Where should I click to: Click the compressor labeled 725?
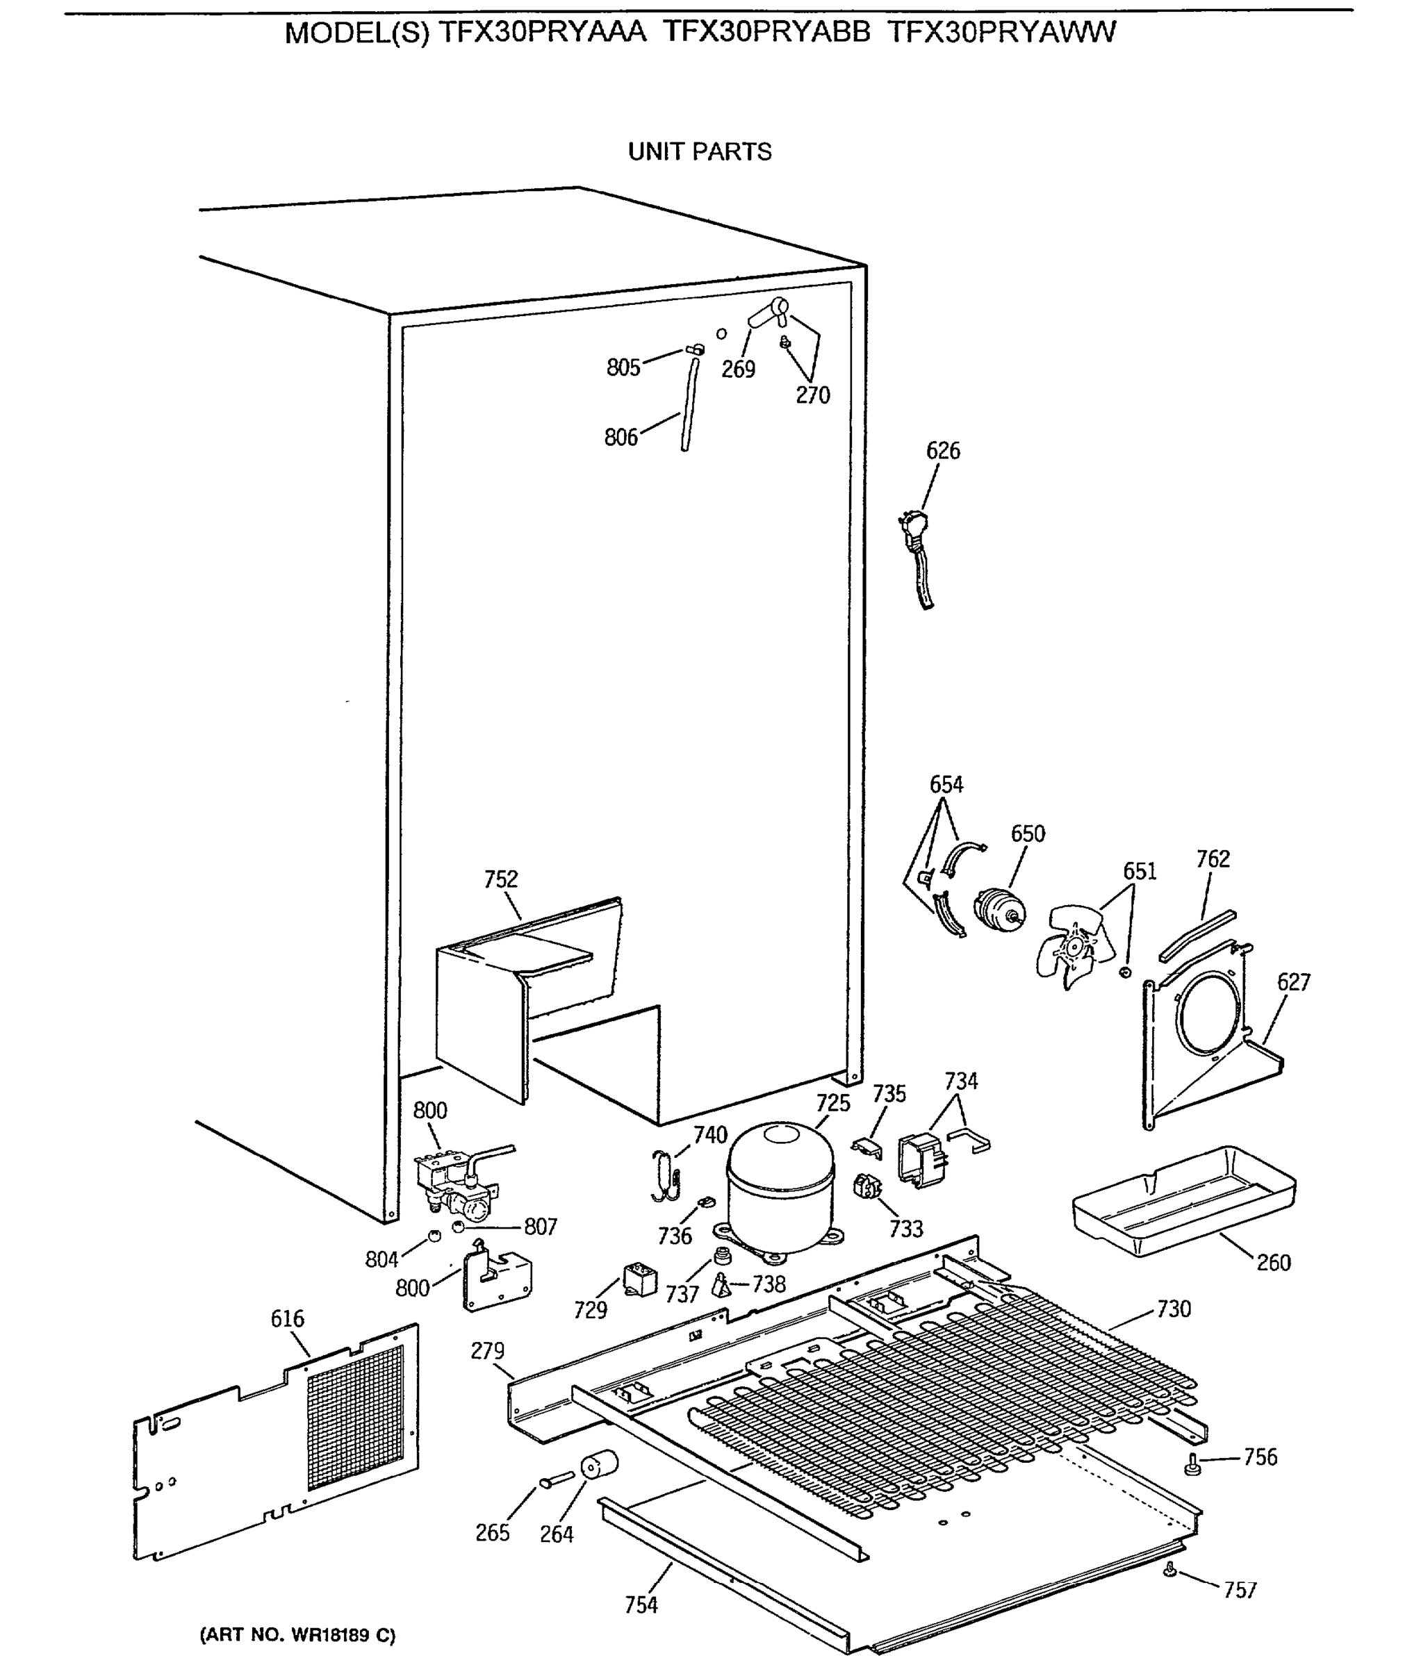(779, 1189)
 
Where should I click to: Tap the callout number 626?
(942, 451)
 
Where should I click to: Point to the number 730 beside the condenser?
(1173, 1309)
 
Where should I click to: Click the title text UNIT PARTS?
(699, 151)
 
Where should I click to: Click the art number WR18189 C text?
(297, 1635)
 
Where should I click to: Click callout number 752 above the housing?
(500, 879)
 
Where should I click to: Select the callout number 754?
(641, 1604)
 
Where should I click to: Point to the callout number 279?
(487, 1351)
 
